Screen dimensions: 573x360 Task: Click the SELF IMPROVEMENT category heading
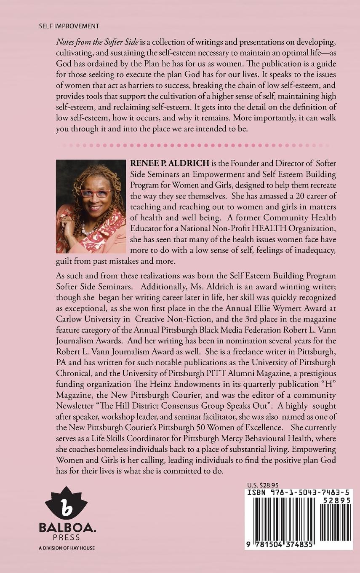(69, 26)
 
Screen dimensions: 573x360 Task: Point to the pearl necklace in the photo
(88, 230)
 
